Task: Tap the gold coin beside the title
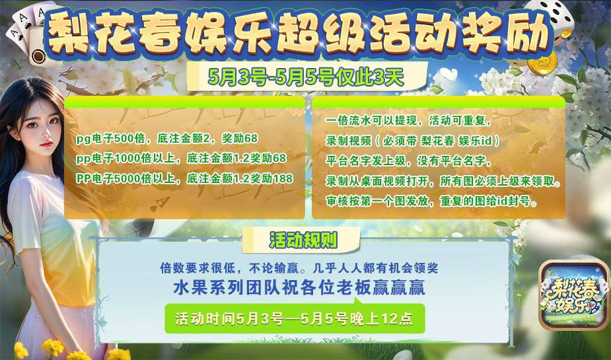542,63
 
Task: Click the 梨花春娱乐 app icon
574,295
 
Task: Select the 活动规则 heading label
303,241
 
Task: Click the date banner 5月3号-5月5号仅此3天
305,76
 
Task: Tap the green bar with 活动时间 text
295,318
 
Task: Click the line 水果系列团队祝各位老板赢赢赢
299,288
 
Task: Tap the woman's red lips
46,144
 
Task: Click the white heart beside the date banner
449,73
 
